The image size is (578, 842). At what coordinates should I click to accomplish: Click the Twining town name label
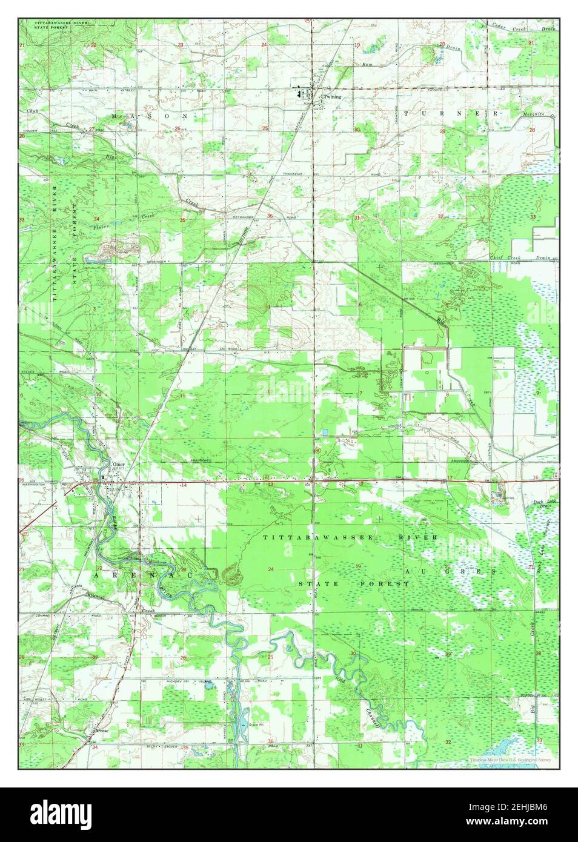point(332,96)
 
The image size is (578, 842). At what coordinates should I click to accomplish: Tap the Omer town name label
point(119,465)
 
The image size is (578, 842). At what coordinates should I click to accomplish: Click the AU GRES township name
point(451,571)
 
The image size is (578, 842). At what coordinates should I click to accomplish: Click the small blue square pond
point(326,432)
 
